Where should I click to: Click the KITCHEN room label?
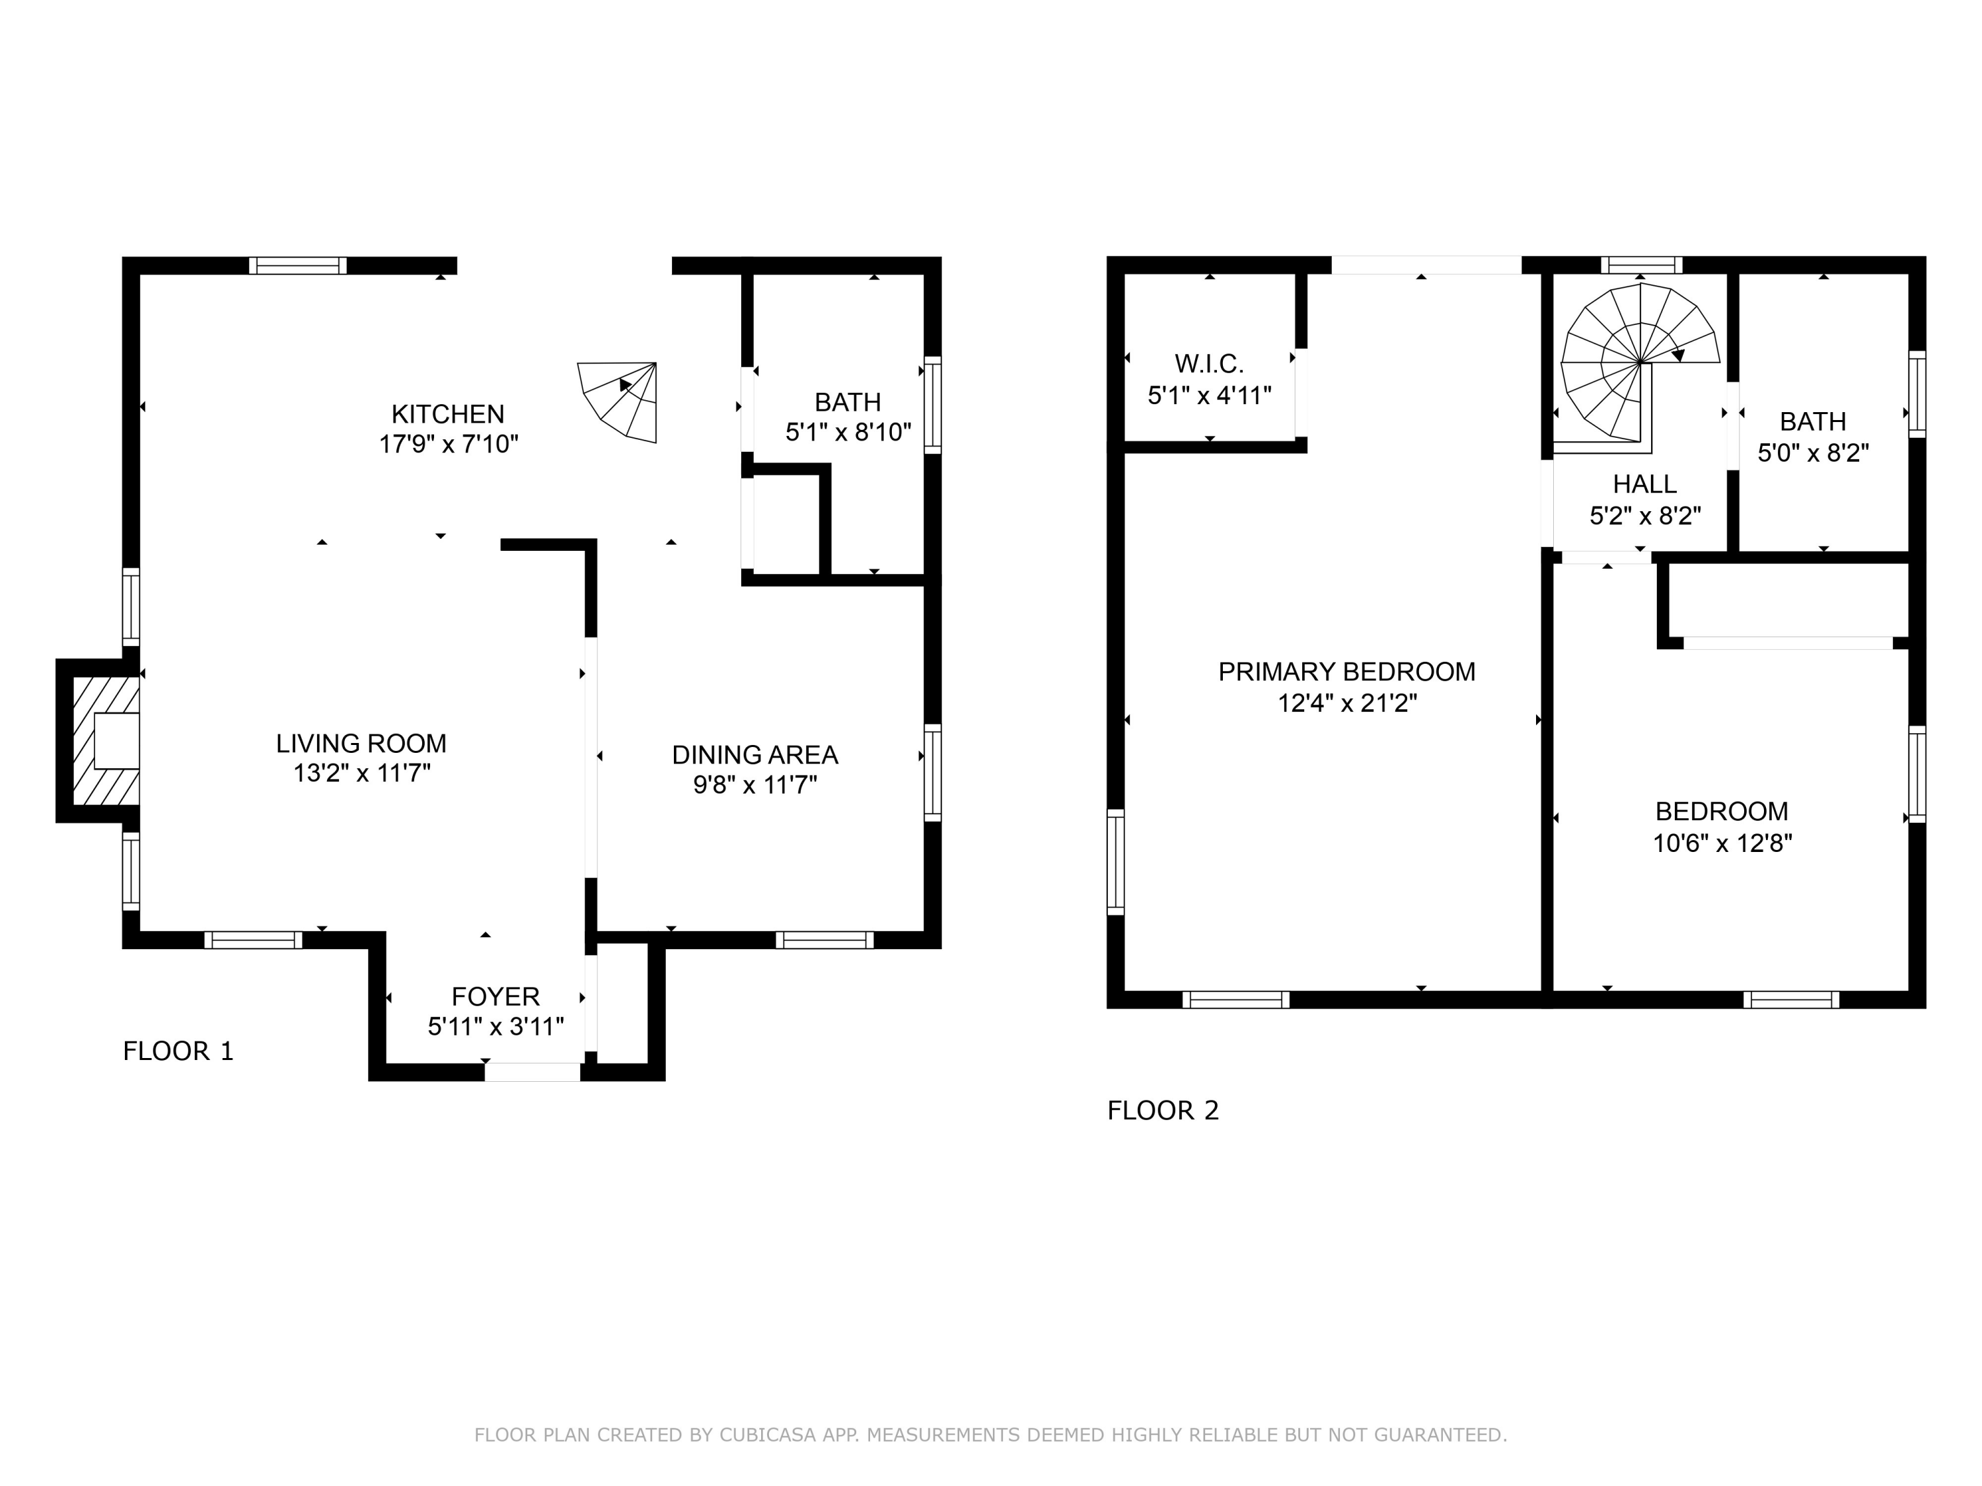[447, 414]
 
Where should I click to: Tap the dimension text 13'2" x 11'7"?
[362, 773]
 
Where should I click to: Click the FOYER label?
[495, 996]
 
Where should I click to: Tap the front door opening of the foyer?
[532, 1072]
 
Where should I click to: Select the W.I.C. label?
[1209, 364]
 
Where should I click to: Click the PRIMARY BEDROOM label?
[1346, 672]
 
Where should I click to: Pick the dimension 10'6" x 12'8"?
[1721, 843]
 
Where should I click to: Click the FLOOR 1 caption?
[178, 1051]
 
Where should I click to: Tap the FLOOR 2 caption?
[1162, 1111]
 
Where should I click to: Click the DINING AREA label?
[754, 755]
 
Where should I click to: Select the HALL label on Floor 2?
[1644, 485]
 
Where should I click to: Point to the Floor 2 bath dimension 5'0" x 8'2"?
[1813, 452]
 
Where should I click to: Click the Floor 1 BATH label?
[847, 402]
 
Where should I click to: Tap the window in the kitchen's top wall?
[297, 265]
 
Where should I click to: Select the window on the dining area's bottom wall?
[825, 940]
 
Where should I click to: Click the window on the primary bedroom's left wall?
[1116, 862]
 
